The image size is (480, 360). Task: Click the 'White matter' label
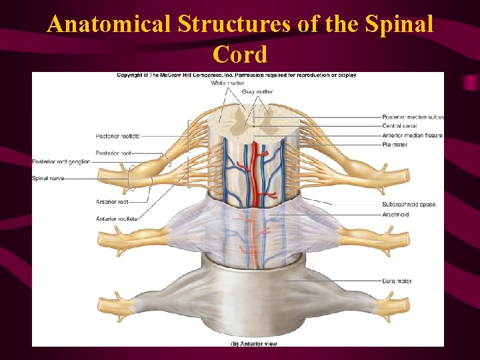(x=227, y=83)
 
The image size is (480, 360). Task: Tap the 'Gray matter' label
(x=257, y=92)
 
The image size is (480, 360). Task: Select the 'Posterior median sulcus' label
(x=413, y=117)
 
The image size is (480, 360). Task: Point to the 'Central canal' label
(x=400, y=126)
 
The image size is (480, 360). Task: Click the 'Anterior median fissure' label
(x=412, y=135)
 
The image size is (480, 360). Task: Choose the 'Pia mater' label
(x=395, y=144)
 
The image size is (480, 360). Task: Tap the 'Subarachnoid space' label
(x=409, y=204)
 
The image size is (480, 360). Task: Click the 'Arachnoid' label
(x=396, y=215)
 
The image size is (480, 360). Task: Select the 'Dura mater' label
(x=397, y=281)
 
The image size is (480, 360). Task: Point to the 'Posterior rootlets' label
(x=117, y=136)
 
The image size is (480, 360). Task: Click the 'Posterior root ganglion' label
(x=61, y=162)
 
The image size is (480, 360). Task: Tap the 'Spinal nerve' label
(x=48, y=178)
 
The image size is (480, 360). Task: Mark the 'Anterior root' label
(x=112, y=201)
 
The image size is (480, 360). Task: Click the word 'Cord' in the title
(x=240, y=55)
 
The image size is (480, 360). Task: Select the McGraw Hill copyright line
(x=237, y=75)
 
